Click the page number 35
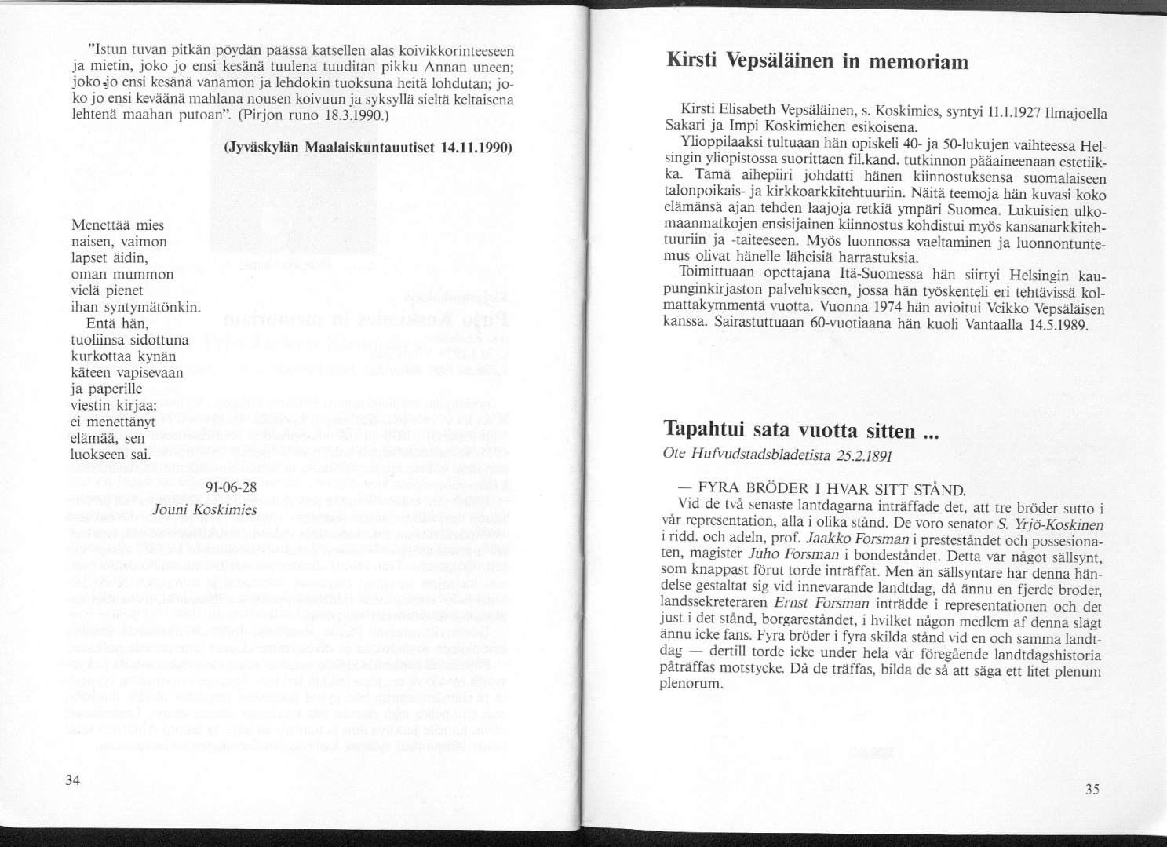tap(1092, 790)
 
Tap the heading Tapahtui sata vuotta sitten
tap(790, 430)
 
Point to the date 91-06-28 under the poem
tap(231, 487)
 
